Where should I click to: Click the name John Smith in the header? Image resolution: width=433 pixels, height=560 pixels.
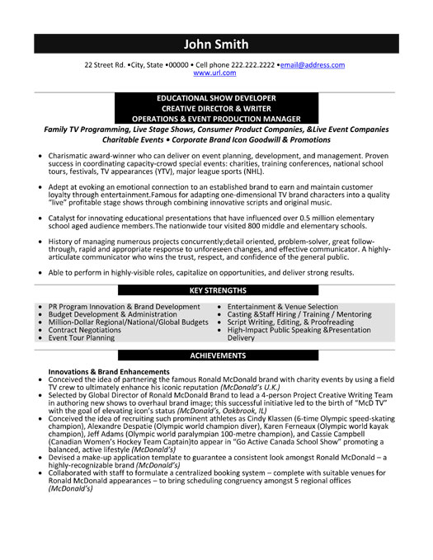pos(216,44)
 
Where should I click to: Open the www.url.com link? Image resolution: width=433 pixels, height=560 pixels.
pos(216,73)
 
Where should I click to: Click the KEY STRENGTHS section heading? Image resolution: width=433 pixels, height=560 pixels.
pos(218,290)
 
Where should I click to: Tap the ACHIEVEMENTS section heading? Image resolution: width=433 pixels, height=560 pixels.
pos(218,355)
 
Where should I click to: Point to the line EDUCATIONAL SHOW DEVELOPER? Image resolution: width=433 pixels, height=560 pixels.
pos(216,97)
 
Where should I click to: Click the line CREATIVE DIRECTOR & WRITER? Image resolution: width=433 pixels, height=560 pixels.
pos(216,108)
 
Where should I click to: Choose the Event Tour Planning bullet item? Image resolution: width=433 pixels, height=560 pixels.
pos(82,338)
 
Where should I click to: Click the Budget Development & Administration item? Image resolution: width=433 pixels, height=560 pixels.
pos(113,314)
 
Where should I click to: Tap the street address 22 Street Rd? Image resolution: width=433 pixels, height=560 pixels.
pos(105,64)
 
